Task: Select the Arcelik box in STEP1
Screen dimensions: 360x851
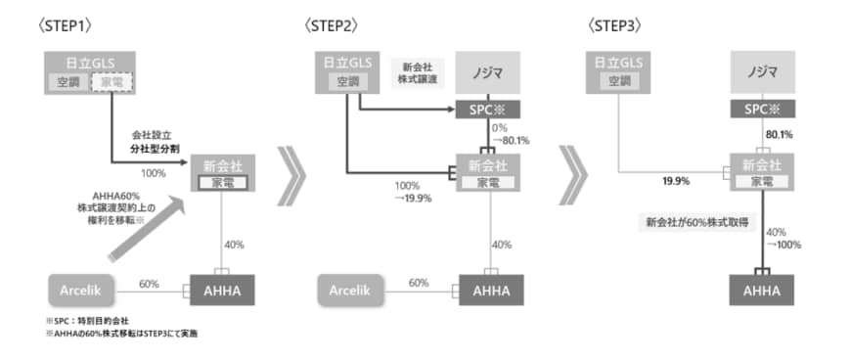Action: pos(81,289)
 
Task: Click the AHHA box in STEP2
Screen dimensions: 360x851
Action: pos(488,290)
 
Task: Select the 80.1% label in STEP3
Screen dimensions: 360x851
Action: pos(779,134)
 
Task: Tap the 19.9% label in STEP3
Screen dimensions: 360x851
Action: pos(677,180)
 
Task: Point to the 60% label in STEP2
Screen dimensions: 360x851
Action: pos(419,282)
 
